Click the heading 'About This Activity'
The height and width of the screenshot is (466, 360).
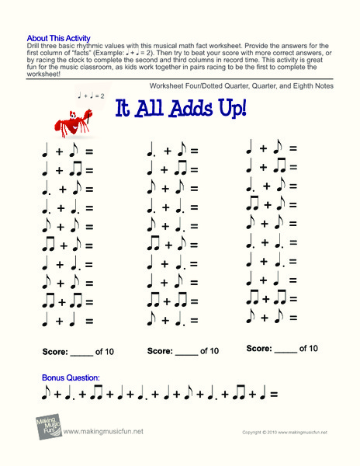[58, 37]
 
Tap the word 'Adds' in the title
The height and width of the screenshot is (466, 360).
[188, 110]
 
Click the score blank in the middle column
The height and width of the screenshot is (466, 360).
[186, 352]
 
